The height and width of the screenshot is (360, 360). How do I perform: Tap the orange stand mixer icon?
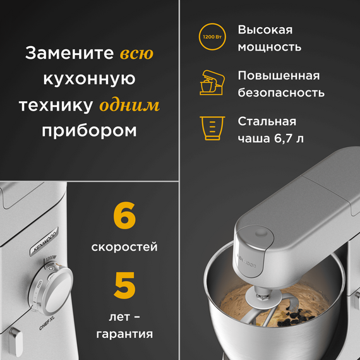pyautogui.click(x=212, y=83)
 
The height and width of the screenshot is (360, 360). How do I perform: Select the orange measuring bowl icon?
pyautogui.click(x=212, y=128)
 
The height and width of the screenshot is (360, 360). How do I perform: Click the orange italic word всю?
pyautogui.click(x=136, y=54)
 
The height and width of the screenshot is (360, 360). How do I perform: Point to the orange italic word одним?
pyautogui.click(x=129, y=105)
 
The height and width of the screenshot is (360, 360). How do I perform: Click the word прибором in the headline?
pyautogui.click(x=89, y=131)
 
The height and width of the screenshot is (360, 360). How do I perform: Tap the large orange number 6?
pyautogui.click(x=124, y=215)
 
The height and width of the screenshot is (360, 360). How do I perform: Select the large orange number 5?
pyautogui.click(x=124, y=285)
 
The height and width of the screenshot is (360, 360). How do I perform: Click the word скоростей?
pyautogui.click(x=124, y=247)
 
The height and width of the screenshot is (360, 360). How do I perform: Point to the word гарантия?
pyautogui.click(x=124, y=334)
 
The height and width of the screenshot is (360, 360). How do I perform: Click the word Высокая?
pyautogui.click(x=265, y=30)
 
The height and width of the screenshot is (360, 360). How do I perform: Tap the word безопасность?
pyautogui.click(x=281, y=92)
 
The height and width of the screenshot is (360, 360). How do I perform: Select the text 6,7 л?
pyautogui.click(x=289, y=138)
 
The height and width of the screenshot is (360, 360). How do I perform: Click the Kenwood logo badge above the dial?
pyautogui.click(x=44, y=241)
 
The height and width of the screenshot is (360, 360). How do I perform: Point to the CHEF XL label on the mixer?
pyautogui.click(x=47, y=323)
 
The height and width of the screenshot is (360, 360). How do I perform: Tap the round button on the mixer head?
pyautogui.click(x=261, y=233)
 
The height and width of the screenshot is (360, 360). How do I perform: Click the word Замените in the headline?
pyautogui.click(x=69, y=53)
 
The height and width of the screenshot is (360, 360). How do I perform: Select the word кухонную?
pyautogui.click(x=89, y=79)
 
